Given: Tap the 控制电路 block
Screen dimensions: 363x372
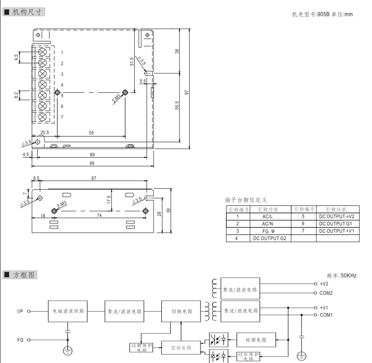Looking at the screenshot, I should (x=181, y=348).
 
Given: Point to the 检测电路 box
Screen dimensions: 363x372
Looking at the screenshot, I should (x=255, y=339).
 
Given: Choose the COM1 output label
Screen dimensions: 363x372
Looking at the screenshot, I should (x=327, y=315).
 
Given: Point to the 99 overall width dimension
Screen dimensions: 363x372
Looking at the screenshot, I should (x=92, y=163).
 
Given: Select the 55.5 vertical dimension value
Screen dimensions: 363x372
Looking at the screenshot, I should (x=177, y=107).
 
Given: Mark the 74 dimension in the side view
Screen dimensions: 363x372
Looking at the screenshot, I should (x=100, y=215).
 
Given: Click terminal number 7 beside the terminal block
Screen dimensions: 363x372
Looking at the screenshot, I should (x=62, y=117).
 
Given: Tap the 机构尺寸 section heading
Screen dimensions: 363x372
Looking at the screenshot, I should (x=26, y=12).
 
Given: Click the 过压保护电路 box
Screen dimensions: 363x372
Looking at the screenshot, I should (x=248, y=356).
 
